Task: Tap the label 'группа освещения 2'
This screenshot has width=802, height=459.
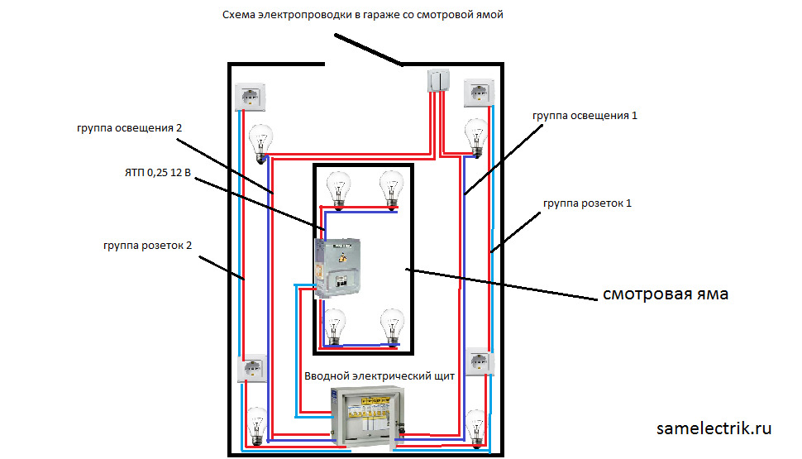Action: click(128, 128)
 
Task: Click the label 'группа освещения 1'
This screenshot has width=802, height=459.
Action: click(585, 116)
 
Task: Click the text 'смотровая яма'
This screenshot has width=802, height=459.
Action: click(665, 294)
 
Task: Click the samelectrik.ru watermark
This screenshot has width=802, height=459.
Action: click(714, 428)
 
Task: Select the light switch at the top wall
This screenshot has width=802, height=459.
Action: click(438, 81)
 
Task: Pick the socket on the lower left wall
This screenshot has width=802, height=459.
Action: click(251, 368)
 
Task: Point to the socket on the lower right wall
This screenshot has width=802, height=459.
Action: click(480, 363)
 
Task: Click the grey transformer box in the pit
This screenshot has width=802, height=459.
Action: click(338, 267)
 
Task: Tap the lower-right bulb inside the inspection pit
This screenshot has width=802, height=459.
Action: click(391, 327)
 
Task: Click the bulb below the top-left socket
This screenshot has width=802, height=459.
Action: click(262, 141)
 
